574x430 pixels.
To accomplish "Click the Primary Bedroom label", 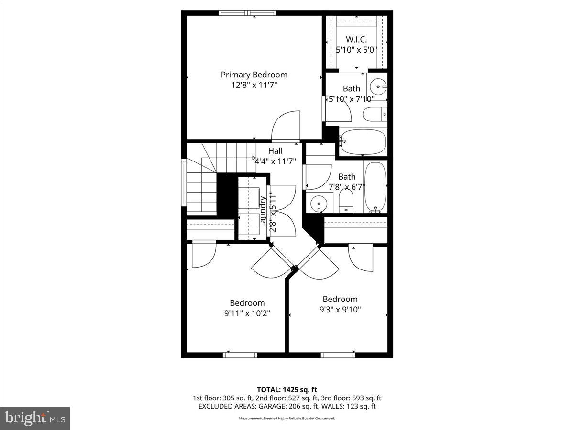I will tap(254, 75).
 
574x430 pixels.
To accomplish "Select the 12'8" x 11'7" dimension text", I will tap(254, 85).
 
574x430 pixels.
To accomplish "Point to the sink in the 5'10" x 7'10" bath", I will tap(377, 87).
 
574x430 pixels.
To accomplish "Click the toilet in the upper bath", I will tap(375, 115).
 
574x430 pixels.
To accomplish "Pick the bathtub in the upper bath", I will tap(362, 142).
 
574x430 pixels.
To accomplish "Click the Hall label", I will tap(275, 151).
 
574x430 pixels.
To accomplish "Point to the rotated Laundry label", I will tap(262, 211).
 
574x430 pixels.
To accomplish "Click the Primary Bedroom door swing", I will tap(285, 126).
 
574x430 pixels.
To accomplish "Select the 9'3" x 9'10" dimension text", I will tap(340, 309).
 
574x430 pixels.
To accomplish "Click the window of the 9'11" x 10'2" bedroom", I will tap(240, 355).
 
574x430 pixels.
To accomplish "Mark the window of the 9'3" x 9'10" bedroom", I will tap(338, 355).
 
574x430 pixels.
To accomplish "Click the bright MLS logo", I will tap(35, 419).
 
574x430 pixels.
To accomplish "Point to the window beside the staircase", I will tap(184, 182).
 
